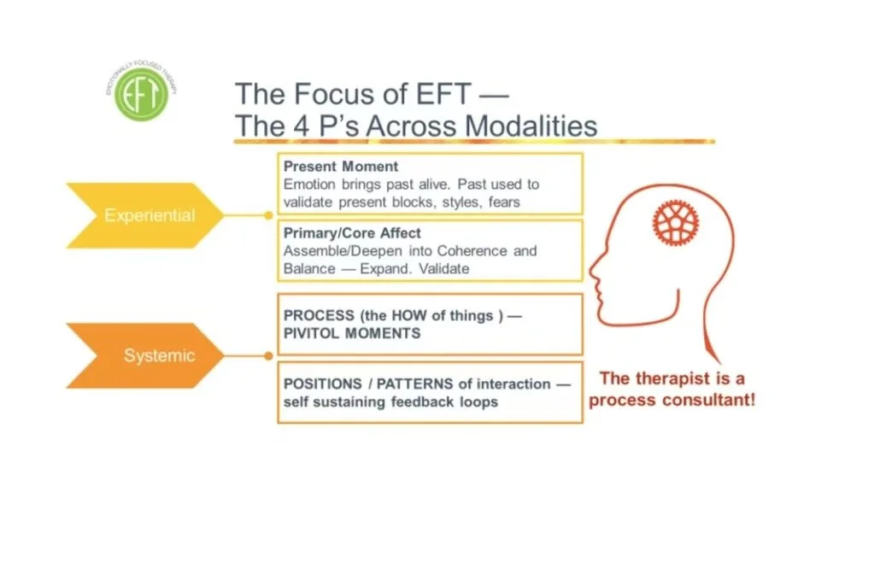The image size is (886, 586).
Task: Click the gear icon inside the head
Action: [676, 221]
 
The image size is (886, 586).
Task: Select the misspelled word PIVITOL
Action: [310, 332]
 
